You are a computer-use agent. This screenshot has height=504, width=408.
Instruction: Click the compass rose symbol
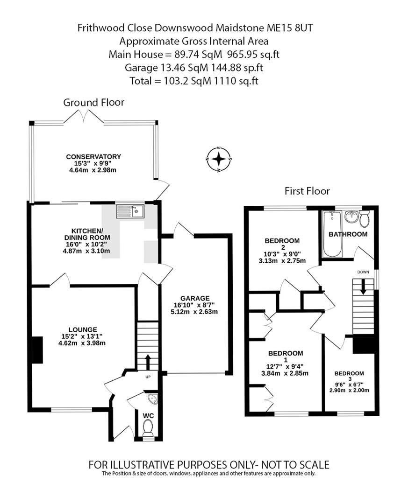pos(219,159)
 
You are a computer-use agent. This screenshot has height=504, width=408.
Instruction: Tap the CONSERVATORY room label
pos(93,156)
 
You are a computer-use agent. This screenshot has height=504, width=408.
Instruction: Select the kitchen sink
pos(130,211)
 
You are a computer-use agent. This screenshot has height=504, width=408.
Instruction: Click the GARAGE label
pos(195,298)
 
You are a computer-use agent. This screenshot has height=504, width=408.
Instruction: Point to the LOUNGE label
pos(83,329)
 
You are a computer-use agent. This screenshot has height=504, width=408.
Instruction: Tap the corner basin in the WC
pos(152,399)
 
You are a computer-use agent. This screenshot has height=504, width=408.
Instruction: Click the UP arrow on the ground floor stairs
pos(148,362)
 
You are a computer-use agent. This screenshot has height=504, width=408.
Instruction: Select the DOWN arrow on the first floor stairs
pos(363,287)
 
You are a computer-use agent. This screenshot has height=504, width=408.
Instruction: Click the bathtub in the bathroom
pos(332,234)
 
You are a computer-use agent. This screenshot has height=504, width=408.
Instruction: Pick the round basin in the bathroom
pos(351,217)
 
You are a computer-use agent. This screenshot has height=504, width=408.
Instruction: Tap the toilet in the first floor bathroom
pos(365,218)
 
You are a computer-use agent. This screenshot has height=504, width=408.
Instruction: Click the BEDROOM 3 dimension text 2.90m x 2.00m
pos(349,390)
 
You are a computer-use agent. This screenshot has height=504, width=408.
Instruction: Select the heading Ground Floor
pos(94,103)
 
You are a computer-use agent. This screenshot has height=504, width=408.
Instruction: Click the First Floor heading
pos(307,191)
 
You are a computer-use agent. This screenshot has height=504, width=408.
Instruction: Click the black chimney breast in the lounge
pos(37,350)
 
